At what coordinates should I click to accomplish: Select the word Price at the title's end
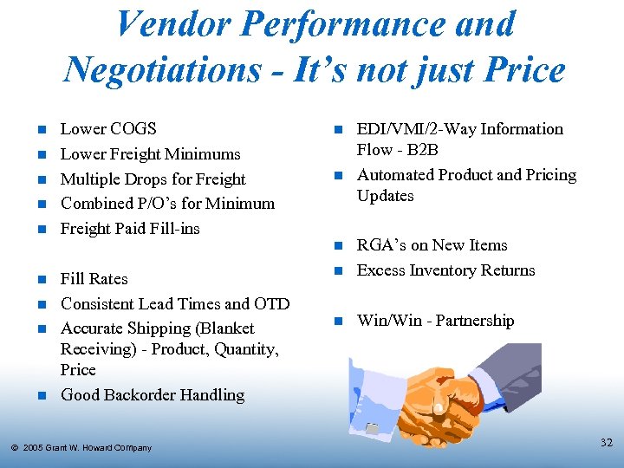pyautogui.click(x=520, y=68)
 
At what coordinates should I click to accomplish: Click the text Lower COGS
pyautogui.click(x=108, y=129)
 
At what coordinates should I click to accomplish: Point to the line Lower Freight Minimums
pyautogui.click(x=150, y=154)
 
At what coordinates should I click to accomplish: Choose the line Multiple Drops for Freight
pyautogui.click(x=153, y=179)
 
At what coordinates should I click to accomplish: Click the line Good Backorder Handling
pyautogui.click(x=153, y=395)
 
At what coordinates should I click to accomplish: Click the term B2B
pyautogui.click(x=421, y=150)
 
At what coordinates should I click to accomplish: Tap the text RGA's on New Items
pyautogui.click(x=432, y=245)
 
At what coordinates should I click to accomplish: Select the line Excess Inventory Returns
pyautogui.click(x=445, y=270)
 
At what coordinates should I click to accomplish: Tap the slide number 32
pyautogui.click(x=606, y=443)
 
